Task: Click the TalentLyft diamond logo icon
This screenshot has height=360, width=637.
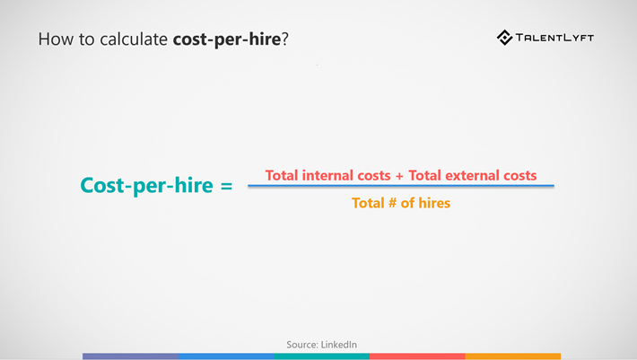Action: pyautogui.click(x=504, y=38)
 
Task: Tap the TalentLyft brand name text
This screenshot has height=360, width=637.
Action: pyautogui.click(x=555, y=38)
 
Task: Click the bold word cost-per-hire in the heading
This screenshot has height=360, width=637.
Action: pyautogui.click(x=227, y=40)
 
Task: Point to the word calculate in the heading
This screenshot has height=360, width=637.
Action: pyautogui.click(x=134, y=40)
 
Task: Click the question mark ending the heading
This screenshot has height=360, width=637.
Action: pyautogui.click(x=284, y=40)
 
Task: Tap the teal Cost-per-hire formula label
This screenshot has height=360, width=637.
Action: pyautogui.click(x=146, y=186)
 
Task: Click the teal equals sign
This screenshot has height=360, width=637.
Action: pyautogui.click(x=226, y=186)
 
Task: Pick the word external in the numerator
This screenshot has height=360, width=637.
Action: pyautogui.click(x=473, y=175)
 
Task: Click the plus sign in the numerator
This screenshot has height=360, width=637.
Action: pyautogui.click(x=399, y=176)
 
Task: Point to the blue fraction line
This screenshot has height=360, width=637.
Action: pyautogui.click(x=401, y=186)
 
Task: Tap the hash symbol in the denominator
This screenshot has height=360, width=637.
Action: pyautogui.click(x=392, y=202)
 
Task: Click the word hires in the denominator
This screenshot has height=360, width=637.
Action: pyautogui.click(x=434, y=203)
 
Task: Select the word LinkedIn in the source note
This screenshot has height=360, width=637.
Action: pyautogui.click(x=339, y=345)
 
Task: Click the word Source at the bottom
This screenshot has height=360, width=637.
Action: pyautogui.click(x=302, y=345)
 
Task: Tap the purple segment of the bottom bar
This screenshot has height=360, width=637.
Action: pyautogui.click(x=130, y=356)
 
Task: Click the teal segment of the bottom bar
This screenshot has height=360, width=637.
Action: pyautogui.click(x=322, y=356)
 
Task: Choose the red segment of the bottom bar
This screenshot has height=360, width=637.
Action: pyautogui.click(x=417, y=356)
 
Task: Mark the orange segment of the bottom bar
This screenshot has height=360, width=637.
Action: pyautogui.click(x=512, y=356)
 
